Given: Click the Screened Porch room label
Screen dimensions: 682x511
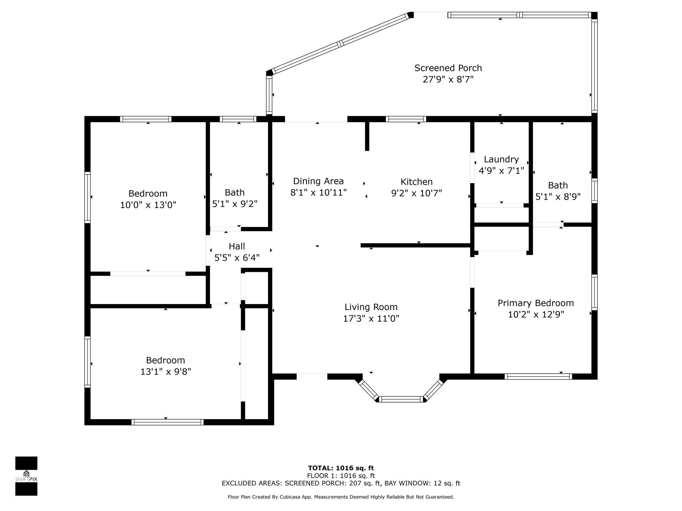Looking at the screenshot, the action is point(448,68).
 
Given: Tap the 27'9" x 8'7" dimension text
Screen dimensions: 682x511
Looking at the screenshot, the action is point(448,80).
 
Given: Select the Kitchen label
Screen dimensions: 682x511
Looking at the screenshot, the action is point(417,182).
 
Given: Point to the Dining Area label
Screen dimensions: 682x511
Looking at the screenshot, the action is point(318,181).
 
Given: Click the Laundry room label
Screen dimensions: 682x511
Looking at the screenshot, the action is point(501,160).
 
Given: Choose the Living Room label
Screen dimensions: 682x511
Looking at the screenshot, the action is point(371,307).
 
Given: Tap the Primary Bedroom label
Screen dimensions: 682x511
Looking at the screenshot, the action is point(536,303).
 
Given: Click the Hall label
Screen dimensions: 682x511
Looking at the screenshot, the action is point(237,246).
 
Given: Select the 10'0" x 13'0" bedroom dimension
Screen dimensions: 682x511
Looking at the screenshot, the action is point(148,205).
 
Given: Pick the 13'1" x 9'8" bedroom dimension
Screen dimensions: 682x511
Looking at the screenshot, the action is point(166,372).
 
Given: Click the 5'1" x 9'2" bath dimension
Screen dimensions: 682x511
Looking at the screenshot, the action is point(235,204).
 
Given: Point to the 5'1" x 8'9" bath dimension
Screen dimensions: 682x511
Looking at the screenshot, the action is point(558,197).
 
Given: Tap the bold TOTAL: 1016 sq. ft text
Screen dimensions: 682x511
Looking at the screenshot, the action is point(341,468).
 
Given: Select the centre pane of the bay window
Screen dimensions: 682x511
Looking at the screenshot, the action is point(401,399).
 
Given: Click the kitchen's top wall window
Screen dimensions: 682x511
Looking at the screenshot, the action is point(406,119).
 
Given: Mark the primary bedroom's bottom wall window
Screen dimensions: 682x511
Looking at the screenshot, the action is point(538,377).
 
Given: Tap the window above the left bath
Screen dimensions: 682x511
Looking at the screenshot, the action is point(238,119).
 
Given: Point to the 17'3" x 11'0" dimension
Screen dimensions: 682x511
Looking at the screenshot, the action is point(371,319).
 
